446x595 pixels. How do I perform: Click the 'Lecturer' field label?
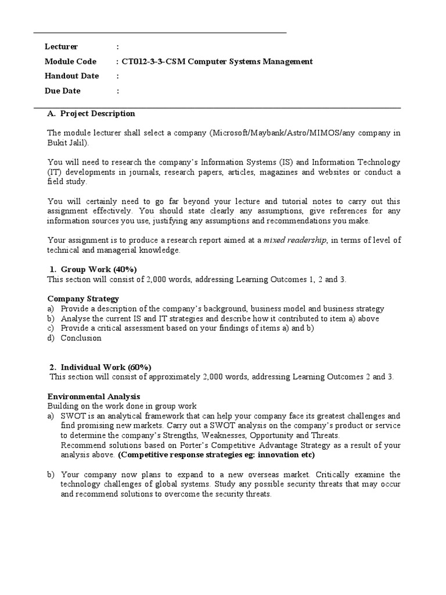click(61, 46)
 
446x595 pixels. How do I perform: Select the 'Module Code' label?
click(71, 62)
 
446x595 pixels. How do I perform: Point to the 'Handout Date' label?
click(71, 76)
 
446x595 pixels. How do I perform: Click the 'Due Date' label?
click(63, 91)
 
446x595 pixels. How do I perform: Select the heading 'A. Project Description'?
click(92, 113)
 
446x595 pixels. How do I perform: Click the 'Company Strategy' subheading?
click(83, 299)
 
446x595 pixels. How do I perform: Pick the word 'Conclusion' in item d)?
click(81, 338)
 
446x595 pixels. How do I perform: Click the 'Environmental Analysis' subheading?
click(93, 396)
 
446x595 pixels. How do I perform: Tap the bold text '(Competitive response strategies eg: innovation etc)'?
click(216, 455)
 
